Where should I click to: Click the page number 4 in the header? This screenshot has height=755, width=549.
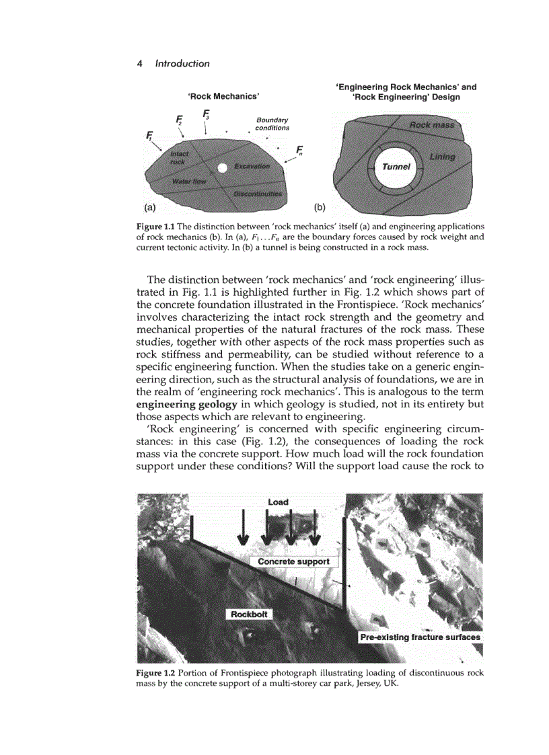[139, 64]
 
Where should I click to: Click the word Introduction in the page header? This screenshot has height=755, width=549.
[182, 64]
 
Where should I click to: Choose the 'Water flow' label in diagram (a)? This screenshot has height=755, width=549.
[190, 182]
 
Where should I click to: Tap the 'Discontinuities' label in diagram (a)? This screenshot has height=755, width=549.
[258, 194]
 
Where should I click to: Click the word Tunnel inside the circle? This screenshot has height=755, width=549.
[396, 167]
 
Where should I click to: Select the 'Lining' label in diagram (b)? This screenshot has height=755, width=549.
[441, 157]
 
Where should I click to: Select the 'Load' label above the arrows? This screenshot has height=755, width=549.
[278, 502]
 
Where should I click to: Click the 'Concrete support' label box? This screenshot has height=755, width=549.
[293, 561]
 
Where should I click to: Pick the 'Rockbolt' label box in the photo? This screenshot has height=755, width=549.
[249, 614]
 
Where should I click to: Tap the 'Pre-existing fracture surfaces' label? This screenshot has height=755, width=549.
[420, 637]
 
